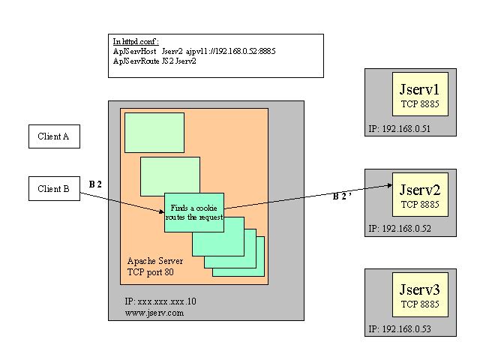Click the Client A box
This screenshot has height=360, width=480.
coord(54,136)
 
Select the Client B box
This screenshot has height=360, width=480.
coord(54,190)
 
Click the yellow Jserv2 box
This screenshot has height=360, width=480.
coord(419,194)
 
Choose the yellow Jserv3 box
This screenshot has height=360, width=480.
coord(419,295)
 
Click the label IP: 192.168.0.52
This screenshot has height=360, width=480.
coord(401,228)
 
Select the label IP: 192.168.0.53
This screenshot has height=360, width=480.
coord(401,328)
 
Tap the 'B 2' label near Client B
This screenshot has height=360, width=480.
coord(95,184)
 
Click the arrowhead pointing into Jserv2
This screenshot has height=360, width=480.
coord(391,184)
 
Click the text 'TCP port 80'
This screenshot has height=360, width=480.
coord(150,271)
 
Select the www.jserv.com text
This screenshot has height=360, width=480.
coord(154,313)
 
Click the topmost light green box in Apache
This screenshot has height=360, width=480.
coord(154,133)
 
